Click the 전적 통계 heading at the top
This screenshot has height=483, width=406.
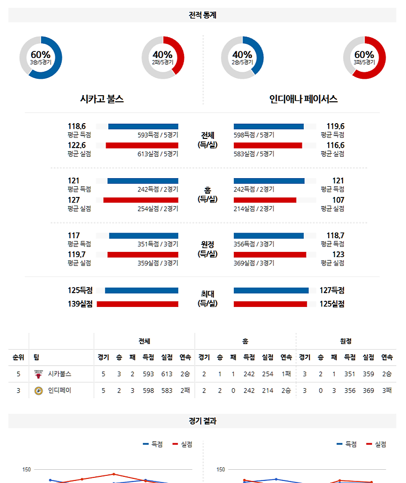click(x=202, y=15)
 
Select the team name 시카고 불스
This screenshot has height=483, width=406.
click(x=102, y=99)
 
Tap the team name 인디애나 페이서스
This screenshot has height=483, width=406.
click(x=303, y=99)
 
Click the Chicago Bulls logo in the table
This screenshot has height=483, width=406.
click(x=38, y=374)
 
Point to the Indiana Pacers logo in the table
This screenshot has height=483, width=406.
click(x=38, y=391)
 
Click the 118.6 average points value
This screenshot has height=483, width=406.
click(x=77, y=126)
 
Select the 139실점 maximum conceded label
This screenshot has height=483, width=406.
click(x=80, y=304)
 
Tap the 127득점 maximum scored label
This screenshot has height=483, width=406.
click(x=331, y=291)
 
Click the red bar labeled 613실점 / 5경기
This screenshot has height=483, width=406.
click(x=142, y=146)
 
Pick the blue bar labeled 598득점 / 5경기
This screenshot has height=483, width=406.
click(x=268, y=126)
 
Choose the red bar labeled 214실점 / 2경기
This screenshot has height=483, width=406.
click(x=265, y=200)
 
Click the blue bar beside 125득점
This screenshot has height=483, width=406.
click(x=141, y=291)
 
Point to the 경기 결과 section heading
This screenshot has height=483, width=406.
click(x=202, y=421)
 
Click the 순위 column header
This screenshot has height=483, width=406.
click(x=18, y=357)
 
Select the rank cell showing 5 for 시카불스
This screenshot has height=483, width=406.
click(x=18, y=374)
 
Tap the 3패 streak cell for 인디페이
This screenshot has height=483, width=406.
click(x=387, y=391)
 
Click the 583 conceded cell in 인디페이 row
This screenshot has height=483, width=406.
click(x=167, y=391)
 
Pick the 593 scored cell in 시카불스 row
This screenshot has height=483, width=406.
click(x=148, y=374)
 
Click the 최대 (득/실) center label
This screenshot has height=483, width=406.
click(x=207, y=298)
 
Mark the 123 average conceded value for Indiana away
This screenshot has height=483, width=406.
click(x=338, y=254)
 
